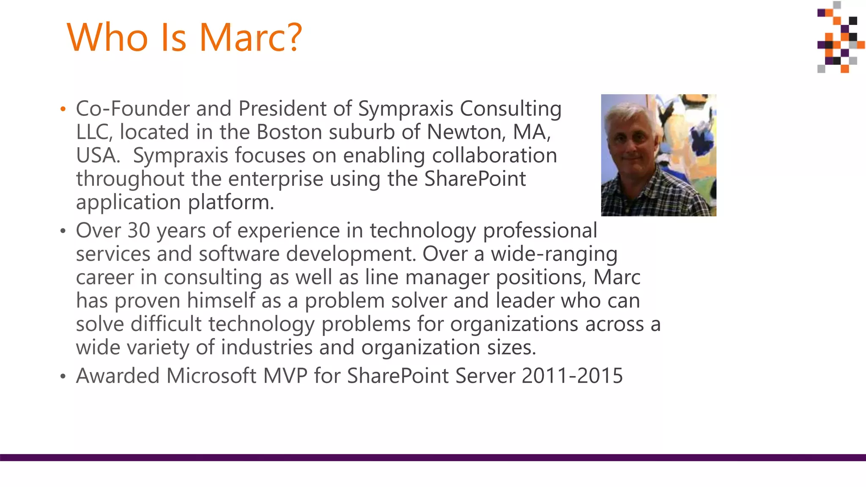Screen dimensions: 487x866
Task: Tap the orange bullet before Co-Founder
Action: point(63,109)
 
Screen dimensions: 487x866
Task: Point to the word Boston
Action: point(289,132)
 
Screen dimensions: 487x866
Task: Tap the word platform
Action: point(231,202)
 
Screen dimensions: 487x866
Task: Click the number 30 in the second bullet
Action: point(139,230)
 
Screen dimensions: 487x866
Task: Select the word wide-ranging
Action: point(554,254)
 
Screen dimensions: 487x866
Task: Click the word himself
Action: point(221,301)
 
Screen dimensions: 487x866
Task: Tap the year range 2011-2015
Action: point(572,376)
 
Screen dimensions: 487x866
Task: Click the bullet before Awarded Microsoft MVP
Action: point(63,376)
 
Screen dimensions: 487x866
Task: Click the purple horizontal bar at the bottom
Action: point(433,457)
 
